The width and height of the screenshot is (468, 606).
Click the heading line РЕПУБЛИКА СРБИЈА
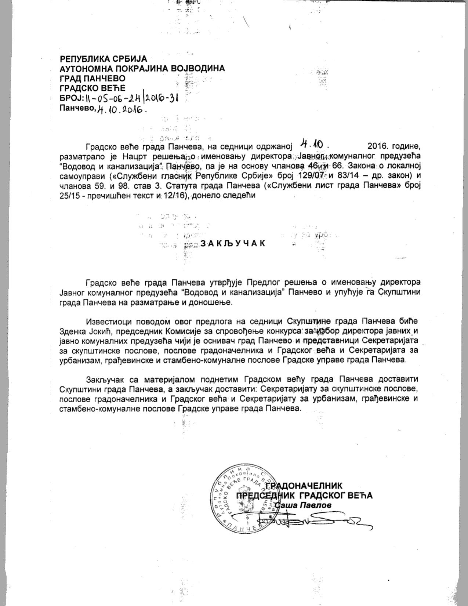pyautogui.click(x=103, y=59)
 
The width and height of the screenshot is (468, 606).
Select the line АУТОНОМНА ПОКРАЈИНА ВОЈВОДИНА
pyautogui.click(x=142, y=69)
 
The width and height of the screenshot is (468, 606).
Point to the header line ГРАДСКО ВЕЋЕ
pyautogui.click(x=92, y=88)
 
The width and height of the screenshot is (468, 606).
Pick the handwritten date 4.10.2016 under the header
pyautogui.click(x=121, y=109)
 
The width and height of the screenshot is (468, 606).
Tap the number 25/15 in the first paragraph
pyautogui.click(x=70, y=195)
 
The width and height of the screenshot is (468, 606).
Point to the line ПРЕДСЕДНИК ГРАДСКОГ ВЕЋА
pyautogui.click(x=305, y=495)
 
